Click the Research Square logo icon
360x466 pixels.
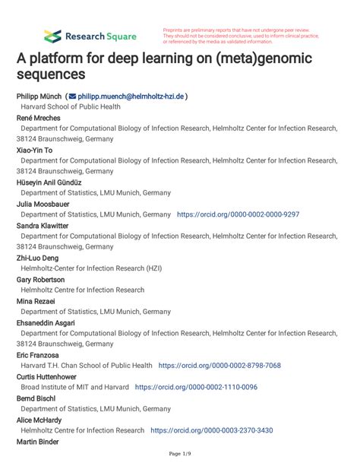52,35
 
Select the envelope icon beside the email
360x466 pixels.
71,97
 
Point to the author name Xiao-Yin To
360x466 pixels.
36,151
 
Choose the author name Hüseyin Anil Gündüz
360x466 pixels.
49,182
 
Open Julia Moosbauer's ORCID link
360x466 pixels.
238,215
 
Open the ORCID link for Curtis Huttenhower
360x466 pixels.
196,387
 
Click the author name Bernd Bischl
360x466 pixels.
36,398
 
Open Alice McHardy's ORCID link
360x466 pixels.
212,430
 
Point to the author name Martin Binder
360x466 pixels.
38,441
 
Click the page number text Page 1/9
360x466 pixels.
180,455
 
